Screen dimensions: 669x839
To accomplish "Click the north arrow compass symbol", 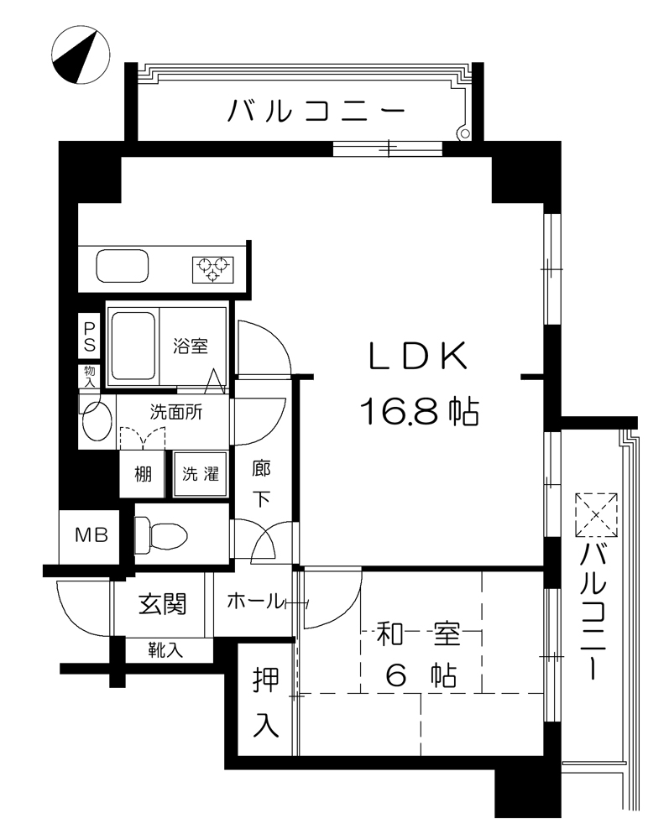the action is pos(81,55).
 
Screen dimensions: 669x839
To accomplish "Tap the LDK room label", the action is pos(419,356).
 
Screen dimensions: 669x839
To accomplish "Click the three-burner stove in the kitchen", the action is pos(213,269).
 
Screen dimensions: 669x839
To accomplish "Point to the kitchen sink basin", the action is pos(122,266).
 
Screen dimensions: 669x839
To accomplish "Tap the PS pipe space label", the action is pos(89,336).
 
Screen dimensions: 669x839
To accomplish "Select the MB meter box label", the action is pos(91,534).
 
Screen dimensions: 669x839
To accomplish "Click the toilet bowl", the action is pos(161,534).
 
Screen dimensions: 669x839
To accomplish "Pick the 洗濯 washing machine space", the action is pos(200,474).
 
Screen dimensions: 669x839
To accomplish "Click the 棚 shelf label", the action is pos(143,473).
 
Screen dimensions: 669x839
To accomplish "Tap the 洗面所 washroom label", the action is pos(176,412).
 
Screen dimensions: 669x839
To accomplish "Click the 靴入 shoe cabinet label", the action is pos(165,649).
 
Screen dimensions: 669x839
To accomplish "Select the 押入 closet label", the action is pos(266,702).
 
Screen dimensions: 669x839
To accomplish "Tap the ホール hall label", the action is pos(254,602).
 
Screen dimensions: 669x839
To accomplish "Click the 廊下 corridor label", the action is pos(261,483).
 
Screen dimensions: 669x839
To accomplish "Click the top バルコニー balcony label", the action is pos(316,111).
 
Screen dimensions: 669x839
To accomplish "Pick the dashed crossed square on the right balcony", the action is pos(596,515).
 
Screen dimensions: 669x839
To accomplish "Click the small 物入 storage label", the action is pos(89,376).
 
